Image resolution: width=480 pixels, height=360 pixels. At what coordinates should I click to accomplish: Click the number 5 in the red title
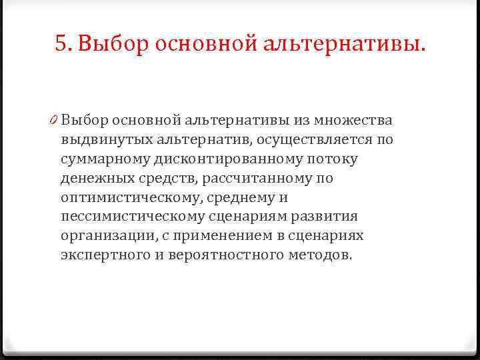61,44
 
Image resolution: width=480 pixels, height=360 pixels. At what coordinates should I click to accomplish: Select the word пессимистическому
134,217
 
